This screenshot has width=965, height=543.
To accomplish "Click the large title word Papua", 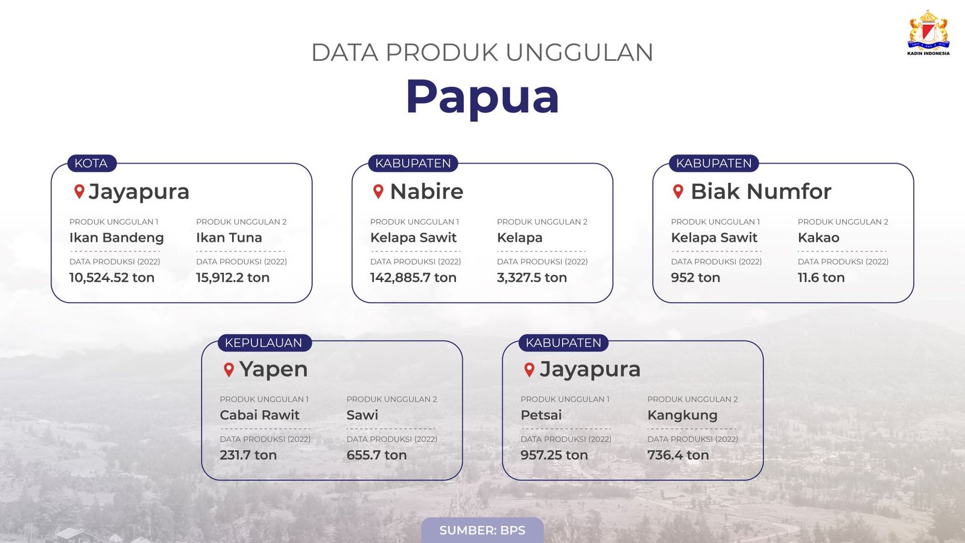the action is click(482, 97).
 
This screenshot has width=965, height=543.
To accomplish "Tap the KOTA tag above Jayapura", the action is click(91, 164).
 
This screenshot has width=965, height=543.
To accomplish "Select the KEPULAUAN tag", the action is click(263, 343).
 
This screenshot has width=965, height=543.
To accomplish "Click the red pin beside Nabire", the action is click(378, 191).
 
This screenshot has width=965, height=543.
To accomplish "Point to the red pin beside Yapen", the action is click(229, 369).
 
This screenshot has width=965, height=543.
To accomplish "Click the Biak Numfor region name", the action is click(761, 191).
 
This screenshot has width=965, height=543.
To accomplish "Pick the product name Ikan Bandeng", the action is click(117, 238).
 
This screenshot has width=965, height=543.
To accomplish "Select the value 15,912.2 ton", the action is click(233, 278).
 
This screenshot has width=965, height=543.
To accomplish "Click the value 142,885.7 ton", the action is click(413, 278).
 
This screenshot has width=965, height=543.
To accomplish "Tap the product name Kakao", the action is click(818, 238).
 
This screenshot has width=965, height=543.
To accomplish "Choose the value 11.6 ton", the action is click(821, 278).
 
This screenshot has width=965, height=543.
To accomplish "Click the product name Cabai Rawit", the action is click(259, 415).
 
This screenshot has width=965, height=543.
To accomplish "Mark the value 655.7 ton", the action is click(376, 455).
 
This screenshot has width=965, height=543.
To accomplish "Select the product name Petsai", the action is click(541, 415).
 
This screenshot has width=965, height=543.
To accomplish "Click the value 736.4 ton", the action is click(678, 455).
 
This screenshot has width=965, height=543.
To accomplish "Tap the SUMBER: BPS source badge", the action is click(482, 530).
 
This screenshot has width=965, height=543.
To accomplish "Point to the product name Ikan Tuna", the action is click(229, 238).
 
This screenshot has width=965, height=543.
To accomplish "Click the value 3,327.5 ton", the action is click(532, 278).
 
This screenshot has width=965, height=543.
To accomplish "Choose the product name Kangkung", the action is click(682, 416).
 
